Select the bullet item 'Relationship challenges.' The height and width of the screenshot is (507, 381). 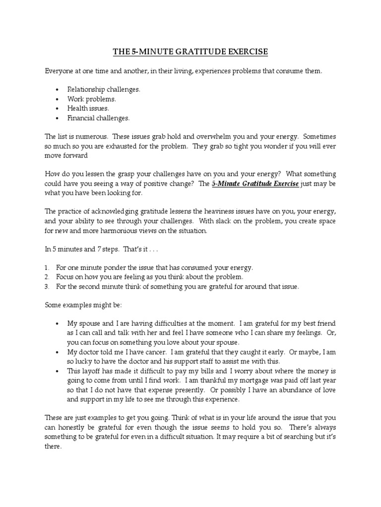click(x=104, y=90)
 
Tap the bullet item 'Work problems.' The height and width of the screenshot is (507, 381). click(x=92, y=99)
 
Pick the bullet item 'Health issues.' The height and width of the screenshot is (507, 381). click(x=88, y=108)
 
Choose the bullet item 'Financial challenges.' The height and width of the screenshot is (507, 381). click(x=98, y=118)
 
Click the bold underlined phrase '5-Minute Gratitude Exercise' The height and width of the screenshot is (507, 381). click(x=255, y=183)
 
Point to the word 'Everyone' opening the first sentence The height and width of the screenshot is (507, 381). click(x=58, y=71)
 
